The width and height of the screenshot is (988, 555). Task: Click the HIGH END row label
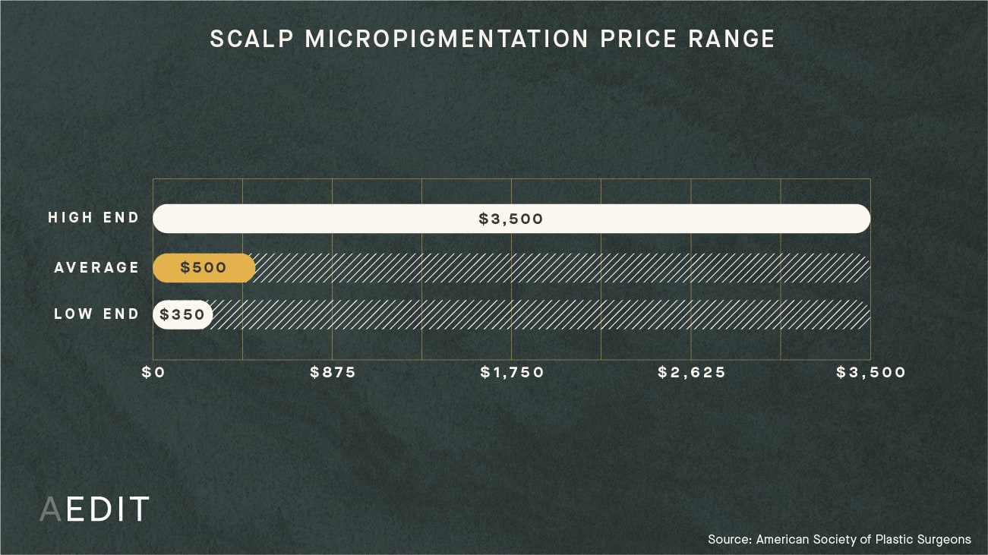pos(94,218)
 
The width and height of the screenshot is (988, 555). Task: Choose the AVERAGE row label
pos(97,267)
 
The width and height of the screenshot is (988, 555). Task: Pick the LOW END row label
pos(97,314)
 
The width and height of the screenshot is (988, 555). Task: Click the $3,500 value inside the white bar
pos(511,219)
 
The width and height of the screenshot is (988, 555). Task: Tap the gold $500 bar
pos(204,268)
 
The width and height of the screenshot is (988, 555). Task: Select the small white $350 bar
pos(182,314)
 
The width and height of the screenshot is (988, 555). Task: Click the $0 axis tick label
pos(153,373)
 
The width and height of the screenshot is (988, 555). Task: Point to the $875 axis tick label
pos(333,373)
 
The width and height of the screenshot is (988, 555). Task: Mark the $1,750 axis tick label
pos(512,373)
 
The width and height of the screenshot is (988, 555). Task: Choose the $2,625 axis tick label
pos(692,373)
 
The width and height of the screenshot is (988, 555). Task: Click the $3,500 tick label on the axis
pos(871,373)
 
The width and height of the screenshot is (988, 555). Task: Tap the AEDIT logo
pos(94,509)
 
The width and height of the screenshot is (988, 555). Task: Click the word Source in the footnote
pos(730,539)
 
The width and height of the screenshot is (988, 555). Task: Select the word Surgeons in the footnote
pos(943,539)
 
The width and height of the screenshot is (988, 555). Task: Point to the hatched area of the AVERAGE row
pos(562,268)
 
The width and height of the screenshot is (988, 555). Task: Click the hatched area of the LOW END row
pos(539,314)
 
